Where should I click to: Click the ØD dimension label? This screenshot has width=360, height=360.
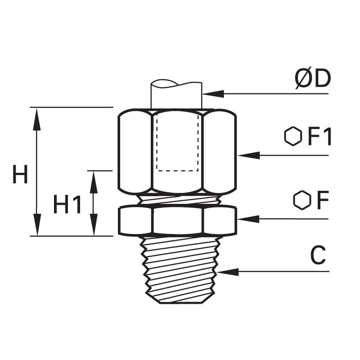tap(313, 79)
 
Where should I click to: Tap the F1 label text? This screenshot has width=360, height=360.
tap(320, 137)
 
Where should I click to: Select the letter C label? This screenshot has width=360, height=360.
tap(318, 255)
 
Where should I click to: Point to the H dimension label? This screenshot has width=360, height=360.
tap(20, 174)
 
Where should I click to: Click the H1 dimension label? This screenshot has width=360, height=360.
tap(67, 204)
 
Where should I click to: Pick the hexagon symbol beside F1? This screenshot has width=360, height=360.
tap(293, 136)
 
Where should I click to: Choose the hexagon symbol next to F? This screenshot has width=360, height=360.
tap(302, 200)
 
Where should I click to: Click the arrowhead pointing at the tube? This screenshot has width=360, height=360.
tap(213, 94)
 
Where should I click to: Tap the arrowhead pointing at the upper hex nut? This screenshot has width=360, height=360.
tap(249, 155)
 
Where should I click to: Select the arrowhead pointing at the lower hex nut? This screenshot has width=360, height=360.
tap(248, 219)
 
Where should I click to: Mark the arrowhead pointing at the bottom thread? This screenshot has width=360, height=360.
tap(228, 272)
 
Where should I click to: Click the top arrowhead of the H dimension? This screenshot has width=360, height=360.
tap(37, 119)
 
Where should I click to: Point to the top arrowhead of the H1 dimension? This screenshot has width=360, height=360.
tap(94, 183)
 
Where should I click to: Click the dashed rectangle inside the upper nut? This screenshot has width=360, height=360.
tap(177, 143)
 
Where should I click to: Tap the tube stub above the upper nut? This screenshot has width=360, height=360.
tap(176, 94)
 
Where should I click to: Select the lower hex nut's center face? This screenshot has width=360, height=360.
tap(178, 220)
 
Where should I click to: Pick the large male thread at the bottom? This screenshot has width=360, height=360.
tap(179, 270)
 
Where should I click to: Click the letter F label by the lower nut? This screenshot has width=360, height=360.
tap(323, 200)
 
